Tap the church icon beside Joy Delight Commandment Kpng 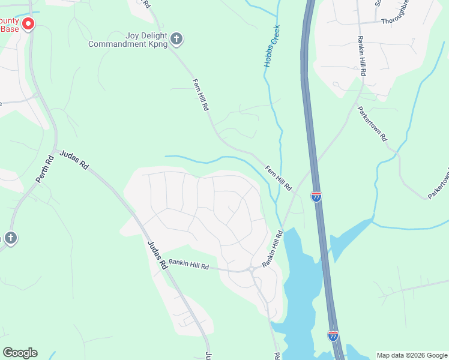(176, 39)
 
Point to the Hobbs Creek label (273, 46)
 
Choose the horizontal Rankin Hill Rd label (188, 263)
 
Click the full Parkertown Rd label (373, 123)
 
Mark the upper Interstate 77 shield (316, 196)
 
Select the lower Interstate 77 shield (333, 335)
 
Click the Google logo (20, 353)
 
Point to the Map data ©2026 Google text (412, 355)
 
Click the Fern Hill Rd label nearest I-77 (279, 178)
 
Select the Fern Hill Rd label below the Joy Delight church (200, 95)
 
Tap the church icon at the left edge (10, 238)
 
